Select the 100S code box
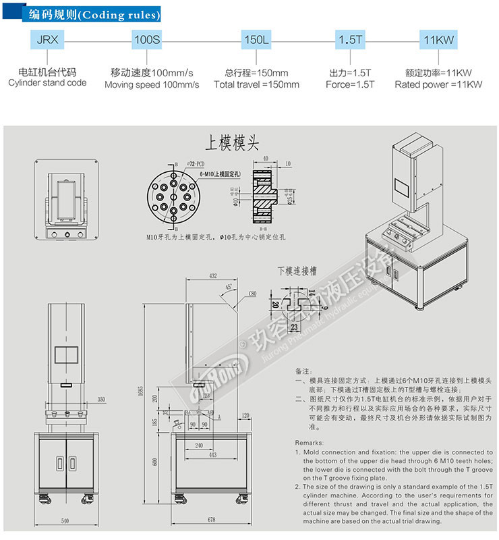click(x=148, y=39)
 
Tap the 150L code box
click(x=256, y=39)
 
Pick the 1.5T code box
click(x=350, y=39)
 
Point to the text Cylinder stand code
click(x=47, y=83)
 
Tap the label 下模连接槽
click(x=297, y=271)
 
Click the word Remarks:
click(x=309, y=441)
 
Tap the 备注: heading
click(x=303, y=372)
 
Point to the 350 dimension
click(x=102, y=400)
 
